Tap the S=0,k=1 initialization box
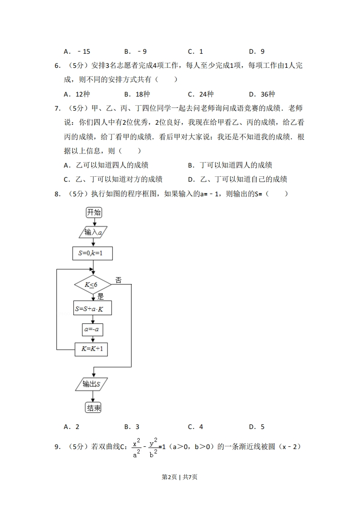coord(92,253)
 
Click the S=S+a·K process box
coord(92,308)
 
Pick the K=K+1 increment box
coord(92,349)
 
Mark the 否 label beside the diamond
coord(118,280)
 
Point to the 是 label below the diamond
coord(101,296)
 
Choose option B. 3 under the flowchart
coord(132,427)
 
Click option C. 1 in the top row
coord(195,51)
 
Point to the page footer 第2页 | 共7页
coord(180,476)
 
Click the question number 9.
coord(57,447)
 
